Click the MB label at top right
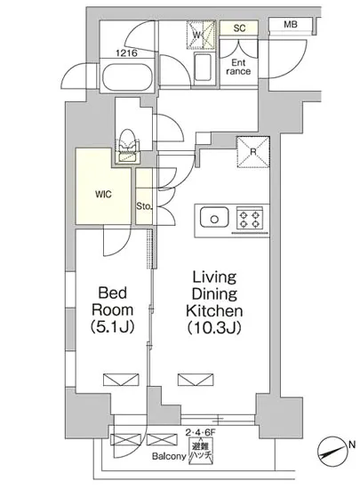point(290,24)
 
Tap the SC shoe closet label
point(239,28)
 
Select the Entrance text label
point(238,67)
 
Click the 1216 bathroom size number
point(126,53)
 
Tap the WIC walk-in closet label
point(103,195)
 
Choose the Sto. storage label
point(144,206)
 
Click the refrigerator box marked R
point(253,152)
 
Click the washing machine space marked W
point(201,35)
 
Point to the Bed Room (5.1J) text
point(112,310)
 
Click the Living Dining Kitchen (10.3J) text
point(214,303)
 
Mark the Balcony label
point(169,457)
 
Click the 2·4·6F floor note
point(200,433)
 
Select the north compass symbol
point(332,452)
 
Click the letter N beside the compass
point(352,444)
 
